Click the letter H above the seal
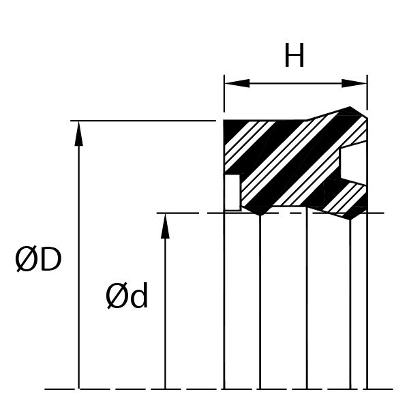pyautogui.click(x=294, y=57)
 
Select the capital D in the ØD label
pyautogui.click(x=49, y=260)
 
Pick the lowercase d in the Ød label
pyautogui.click(x=138, y=297)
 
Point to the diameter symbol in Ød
pyautogui.click(x=116, y=297)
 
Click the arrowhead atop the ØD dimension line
pyautogui.click(x=79, y=134)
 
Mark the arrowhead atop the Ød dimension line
pyautogui.click(x=165, y=226)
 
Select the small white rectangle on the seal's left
pyautogui.click(x=232, y=192)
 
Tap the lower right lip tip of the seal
pyautogui.click(x=351, y=217)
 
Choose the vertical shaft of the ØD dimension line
pyautogui.click(x=79, y=273)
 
